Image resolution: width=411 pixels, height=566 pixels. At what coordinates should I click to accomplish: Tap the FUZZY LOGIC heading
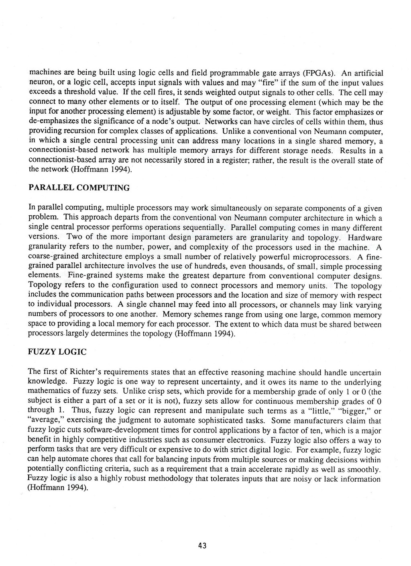click(x=57, y=352)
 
